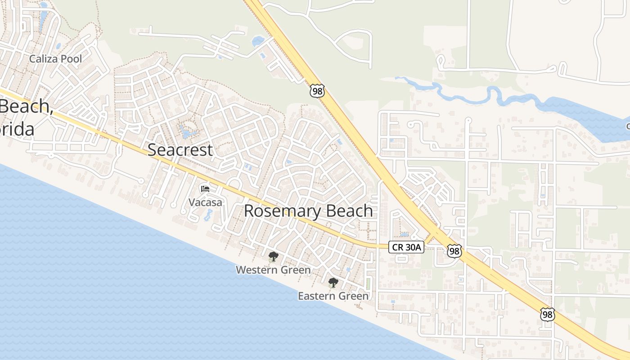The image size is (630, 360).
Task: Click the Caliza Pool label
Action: [55, 58]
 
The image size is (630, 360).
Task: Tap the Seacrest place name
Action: [180, 150]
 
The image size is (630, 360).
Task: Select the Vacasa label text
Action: [205, 202]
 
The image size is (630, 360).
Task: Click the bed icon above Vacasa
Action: [205, 189]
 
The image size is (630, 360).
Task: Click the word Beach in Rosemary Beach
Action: [350, 211]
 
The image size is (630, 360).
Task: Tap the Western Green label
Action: [273, 270]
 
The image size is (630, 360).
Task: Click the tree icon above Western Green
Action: [273, 257]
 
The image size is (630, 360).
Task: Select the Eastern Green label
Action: [333, 296]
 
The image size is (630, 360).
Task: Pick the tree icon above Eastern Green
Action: [333, 283]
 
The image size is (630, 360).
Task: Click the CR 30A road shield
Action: [406, 247]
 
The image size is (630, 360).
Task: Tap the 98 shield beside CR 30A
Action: [454, 251]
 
